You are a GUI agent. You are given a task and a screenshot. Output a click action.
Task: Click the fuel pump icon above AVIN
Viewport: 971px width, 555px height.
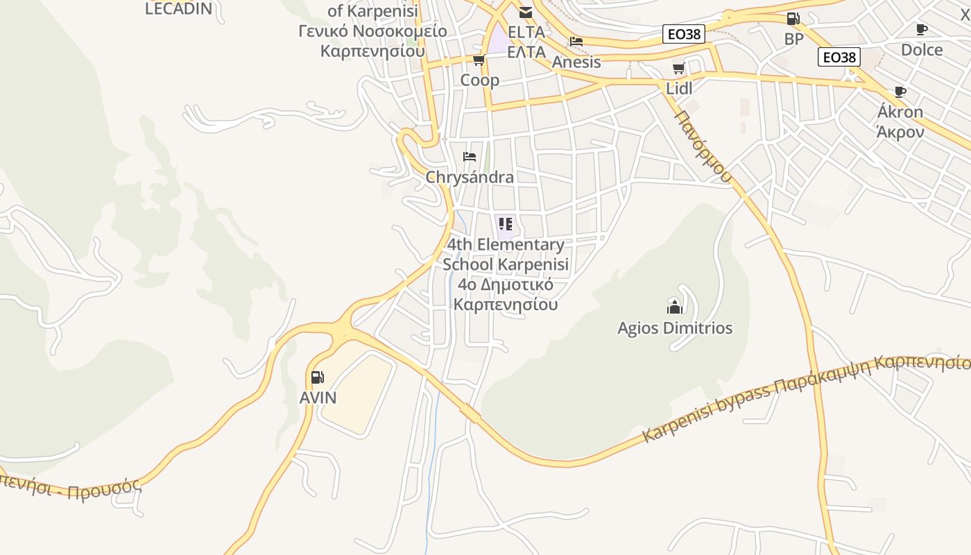pyautogui.click(x=317, y=377)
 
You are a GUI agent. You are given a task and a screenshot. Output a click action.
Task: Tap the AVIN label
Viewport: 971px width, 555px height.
pyautogui.click(x=318, y=398)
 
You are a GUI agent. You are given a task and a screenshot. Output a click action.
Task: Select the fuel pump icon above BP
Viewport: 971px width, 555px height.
pyautogui.click(x=793, y=19)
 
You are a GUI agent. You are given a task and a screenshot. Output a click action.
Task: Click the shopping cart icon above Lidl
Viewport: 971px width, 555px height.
pyautogui.click(x=678, y=68)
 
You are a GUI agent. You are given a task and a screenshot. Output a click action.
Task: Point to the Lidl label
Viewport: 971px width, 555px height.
pyautogui.click(x=679, y=88)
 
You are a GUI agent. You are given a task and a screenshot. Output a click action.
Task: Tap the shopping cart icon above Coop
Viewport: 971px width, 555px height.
pyautogui.click(x=479, y=60)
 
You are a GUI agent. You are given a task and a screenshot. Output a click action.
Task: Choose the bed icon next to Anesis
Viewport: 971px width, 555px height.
pyautogui.click(x=576, y=41)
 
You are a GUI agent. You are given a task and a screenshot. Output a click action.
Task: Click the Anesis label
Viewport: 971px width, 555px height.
pyautogui.click(x=576, y=62)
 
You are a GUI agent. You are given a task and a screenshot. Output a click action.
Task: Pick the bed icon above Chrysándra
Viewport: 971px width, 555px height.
pyautogui.click(x=470, y=156)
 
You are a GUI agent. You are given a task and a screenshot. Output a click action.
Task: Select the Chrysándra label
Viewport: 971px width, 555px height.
pyautogui.click(x=470, y=177)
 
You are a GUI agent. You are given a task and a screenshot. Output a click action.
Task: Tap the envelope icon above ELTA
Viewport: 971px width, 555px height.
pyautogui.click(x=526, y=12)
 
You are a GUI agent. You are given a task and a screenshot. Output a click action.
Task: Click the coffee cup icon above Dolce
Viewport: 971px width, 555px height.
pyautogui.click(x=921, y=29)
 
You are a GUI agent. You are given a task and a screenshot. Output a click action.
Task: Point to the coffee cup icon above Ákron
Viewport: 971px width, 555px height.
pyautogui.click(x=900, y=92)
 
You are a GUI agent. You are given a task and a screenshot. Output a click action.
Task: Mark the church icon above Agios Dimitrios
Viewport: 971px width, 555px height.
pyautogui.click(x=674, y=307)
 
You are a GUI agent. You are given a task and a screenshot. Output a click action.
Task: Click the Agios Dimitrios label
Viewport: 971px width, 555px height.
pyautogui.click(x=675, y=327)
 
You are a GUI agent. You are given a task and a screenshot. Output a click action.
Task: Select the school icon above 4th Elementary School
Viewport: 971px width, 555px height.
pyautogui.click(x=505, y=223)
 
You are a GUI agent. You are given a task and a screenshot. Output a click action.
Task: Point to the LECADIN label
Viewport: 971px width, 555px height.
pyautogui.click(x=178, y=8)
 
